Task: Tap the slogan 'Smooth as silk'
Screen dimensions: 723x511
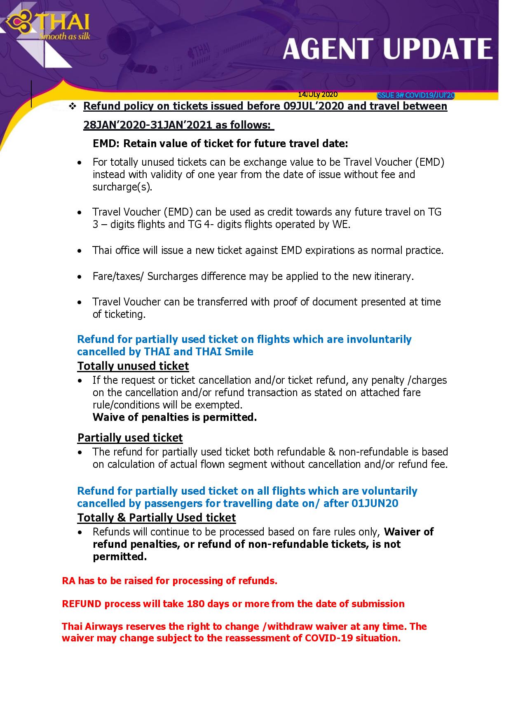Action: (64, 36)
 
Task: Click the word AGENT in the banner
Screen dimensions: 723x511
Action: (330, 49)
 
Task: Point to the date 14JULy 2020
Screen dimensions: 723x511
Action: (318, 94)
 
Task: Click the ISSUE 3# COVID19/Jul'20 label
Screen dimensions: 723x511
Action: (416, 96)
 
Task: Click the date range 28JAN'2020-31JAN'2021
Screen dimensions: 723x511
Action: (177, 125)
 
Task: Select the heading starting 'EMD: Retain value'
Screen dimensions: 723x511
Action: (220, 143)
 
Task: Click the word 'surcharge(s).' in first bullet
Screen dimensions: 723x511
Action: (122, 187)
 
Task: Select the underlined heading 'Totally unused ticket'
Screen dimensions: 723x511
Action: (133, 366)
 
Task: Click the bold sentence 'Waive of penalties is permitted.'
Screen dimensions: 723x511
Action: (175, 417)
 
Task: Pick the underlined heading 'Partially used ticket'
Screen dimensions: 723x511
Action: (130, 437)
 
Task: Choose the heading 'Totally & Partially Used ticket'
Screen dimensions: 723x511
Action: (157, 517)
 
